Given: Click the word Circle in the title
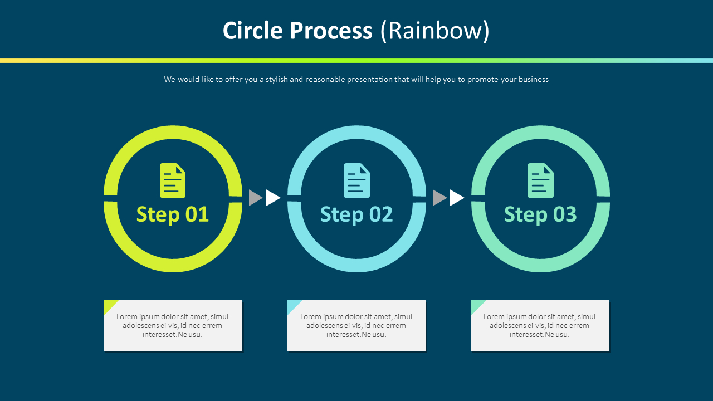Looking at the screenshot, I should [252, 31].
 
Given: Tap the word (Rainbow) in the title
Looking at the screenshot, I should [434, 31].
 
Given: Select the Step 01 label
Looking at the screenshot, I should [173, 214].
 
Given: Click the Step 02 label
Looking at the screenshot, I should [356, 214].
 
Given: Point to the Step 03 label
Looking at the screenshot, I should [540, 214].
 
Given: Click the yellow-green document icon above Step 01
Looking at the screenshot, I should [173, 180].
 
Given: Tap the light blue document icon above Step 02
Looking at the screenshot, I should [356, 180].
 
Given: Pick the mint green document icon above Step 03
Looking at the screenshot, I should [540, 180].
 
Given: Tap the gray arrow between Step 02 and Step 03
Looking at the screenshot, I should [438, 198].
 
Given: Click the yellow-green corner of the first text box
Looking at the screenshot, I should [108, 305].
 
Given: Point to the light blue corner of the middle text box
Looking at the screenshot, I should [291, 305].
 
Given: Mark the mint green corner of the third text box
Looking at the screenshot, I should [475, 305].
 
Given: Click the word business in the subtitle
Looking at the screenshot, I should [533, 79].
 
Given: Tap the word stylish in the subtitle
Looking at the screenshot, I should [277, 79].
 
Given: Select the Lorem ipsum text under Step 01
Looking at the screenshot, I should [173, 325].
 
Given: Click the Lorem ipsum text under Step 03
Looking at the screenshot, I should [540, 325].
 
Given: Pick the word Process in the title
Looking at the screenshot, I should [331, 31].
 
